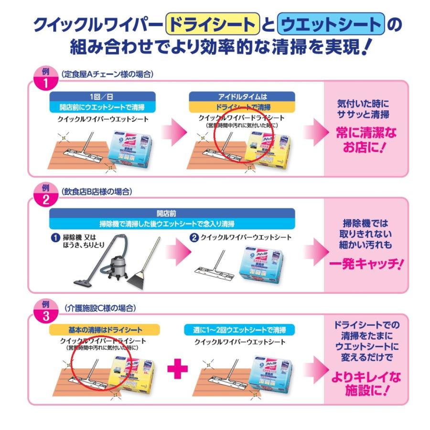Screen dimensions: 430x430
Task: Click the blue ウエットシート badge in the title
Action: pyautogui.click(x=331, y=24)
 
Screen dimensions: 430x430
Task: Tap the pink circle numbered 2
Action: pyautogui.click(x=46, y=196)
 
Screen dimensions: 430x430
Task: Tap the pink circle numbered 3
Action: pyautogui.click(x=46, y=313)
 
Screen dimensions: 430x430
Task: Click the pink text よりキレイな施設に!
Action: pyautogui.click(x=366, y=384)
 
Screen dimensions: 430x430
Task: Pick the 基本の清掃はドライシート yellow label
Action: pyautogui.click(x=103, y=330)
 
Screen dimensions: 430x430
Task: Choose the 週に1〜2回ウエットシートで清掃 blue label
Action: pyautogui.click(x=239, y=330)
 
